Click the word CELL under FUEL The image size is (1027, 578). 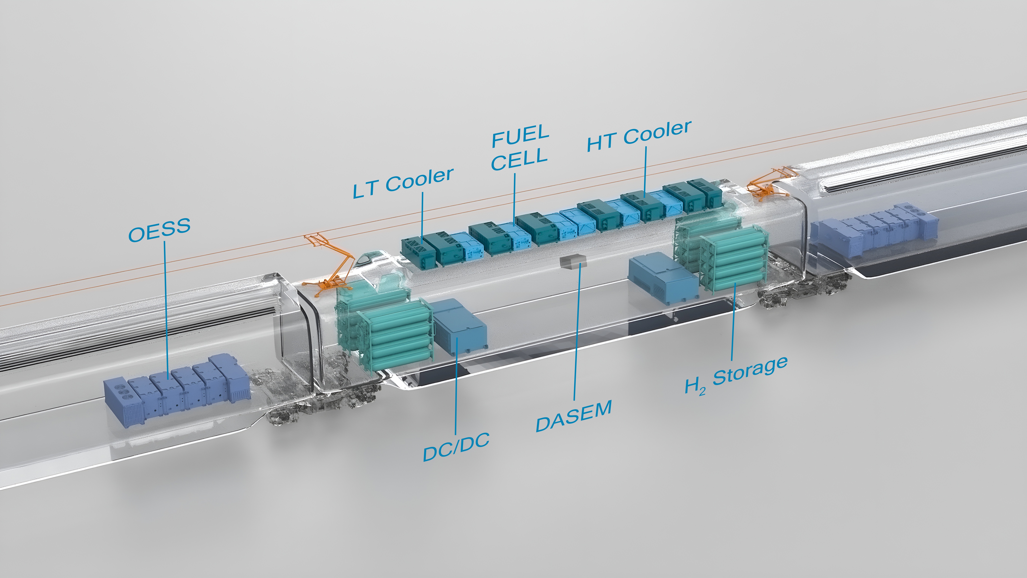519,159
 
